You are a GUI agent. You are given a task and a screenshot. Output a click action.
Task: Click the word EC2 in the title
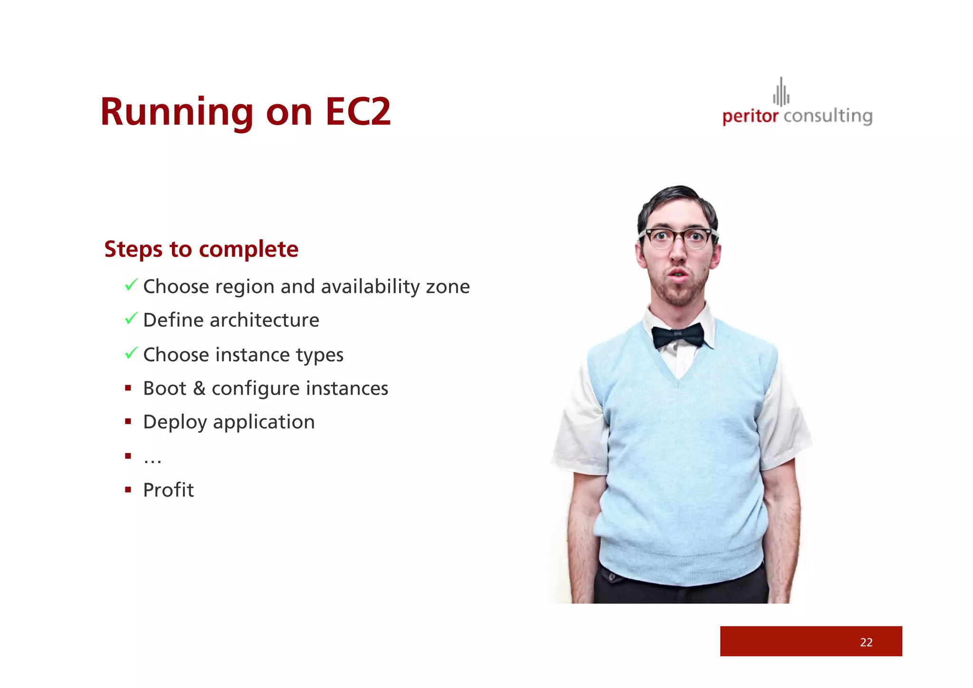tap(357, 112)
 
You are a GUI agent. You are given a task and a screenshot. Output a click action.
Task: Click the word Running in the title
tap(177, 112)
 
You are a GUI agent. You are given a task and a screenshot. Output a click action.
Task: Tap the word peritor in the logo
tap(750, 116)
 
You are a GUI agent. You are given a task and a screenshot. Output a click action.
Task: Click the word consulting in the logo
tap(828, 116)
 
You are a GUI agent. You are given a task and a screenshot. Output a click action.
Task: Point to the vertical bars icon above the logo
tap(781, 93)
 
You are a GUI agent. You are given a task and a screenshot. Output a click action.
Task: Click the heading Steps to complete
tap(201, 249)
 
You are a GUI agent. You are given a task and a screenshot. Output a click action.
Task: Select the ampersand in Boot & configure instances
tap(199, 388)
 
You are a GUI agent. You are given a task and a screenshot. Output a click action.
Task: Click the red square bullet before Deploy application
tap(128, 422)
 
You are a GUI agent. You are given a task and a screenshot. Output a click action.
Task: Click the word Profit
tap(168, 490)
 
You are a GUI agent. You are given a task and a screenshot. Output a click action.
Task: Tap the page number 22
tap(866, 642)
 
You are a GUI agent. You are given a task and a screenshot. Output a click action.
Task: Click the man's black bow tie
tap(678, 336)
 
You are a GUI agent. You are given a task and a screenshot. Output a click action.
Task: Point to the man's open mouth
tap(678, 274)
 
